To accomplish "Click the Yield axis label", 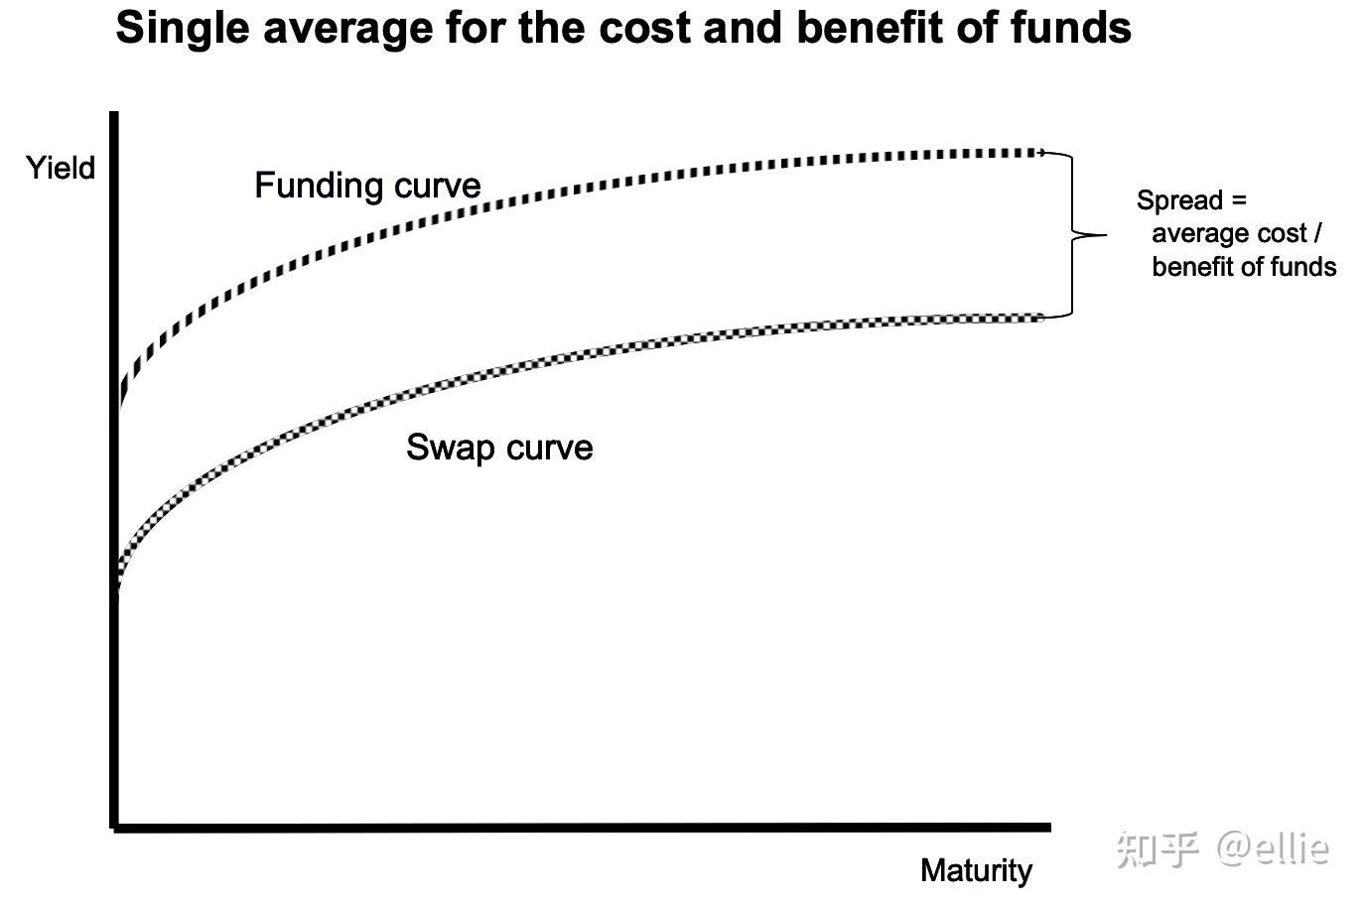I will (x=61, y=168).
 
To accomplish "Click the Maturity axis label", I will (x=976, y=870).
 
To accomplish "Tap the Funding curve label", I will (x=367, y=186).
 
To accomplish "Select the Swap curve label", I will (x=499, y=448).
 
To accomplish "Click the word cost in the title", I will (x=648, y=28).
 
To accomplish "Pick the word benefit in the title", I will (x=870, y=28).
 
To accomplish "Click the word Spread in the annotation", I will (x=1179, y=200).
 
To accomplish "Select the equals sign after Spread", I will (x=1238, y=200).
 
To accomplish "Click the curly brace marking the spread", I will (x=1074, y=235).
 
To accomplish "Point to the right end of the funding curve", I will (x=1039, y=153).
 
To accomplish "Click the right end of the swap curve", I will (x=1040, y=318).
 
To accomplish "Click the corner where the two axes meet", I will (x=115, y=825).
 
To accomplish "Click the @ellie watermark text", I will (x=1274, y=847).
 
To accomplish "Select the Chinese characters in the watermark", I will (x=1158, y=848).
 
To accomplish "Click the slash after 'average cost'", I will (x=1318, y=234).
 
